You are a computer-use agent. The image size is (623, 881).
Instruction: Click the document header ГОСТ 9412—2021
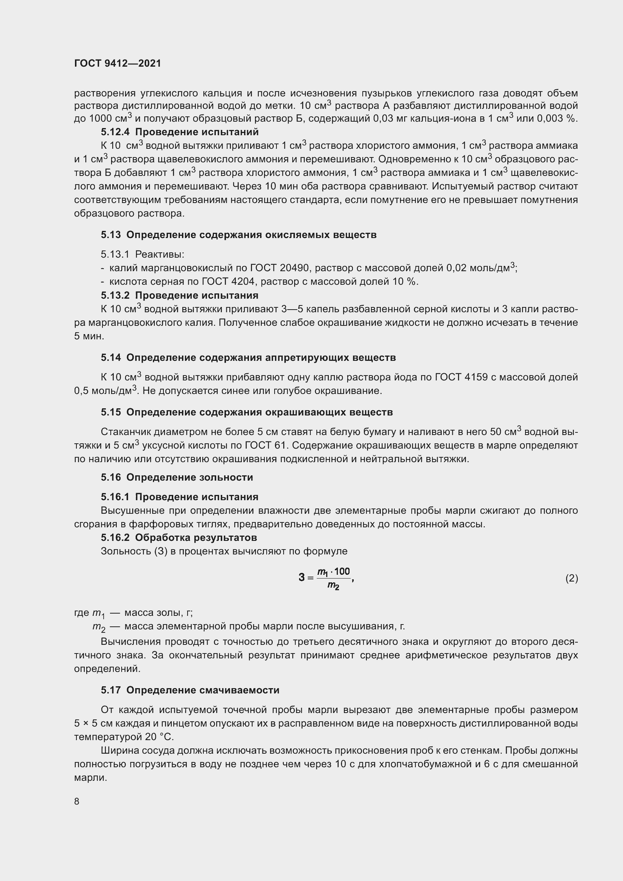pos(118,63)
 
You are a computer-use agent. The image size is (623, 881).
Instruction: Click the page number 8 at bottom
pos(77,802)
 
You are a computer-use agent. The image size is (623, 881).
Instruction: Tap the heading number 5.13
pos(111,235)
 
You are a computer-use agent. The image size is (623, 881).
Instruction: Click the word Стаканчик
pos(126,432)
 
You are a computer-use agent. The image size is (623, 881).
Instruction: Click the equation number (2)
pos(572,578)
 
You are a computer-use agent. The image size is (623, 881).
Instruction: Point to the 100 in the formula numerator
pos(342,572)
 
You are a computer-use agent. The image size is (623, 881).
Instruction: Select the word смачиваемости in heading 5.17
pos(240,690)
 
